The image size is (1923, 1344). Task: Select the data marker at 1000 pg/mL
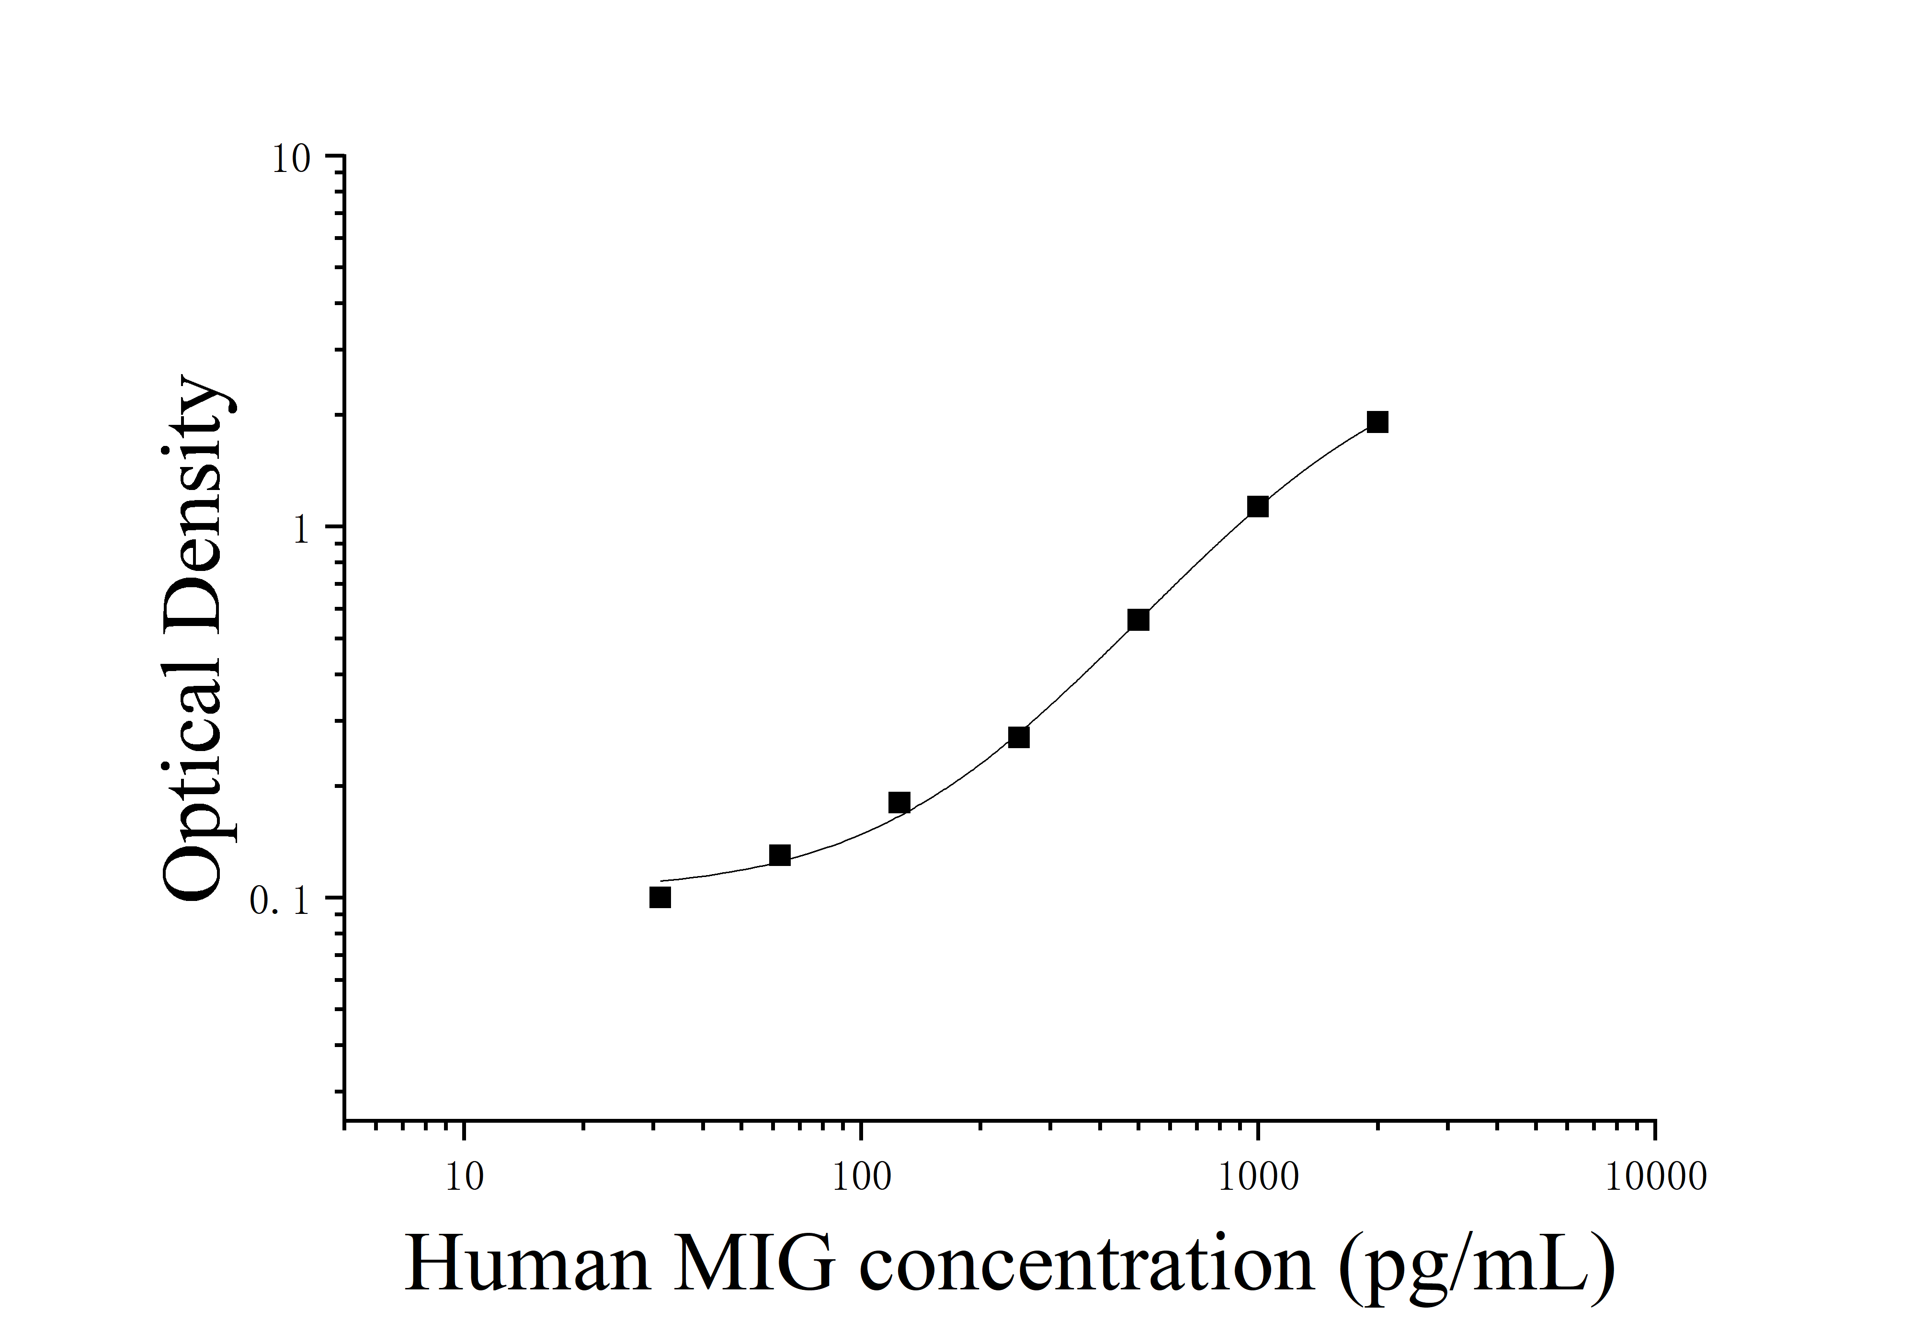(1257, 507)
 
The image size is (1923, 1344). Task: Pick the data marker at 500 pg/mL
(1138, 620)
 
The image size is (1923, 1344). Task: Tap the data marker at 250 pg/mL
(1018, 737)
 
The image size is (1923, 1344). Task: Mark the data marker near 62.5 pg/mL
(780, 855)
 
